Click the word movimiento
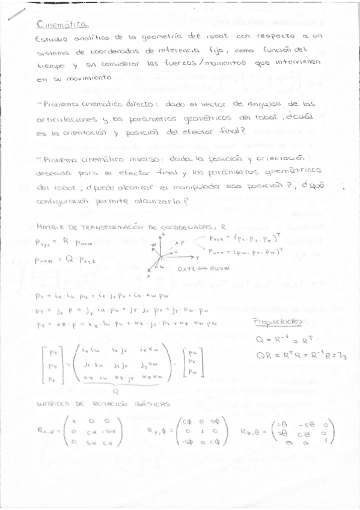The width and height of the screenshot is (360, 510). (84, 78)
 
